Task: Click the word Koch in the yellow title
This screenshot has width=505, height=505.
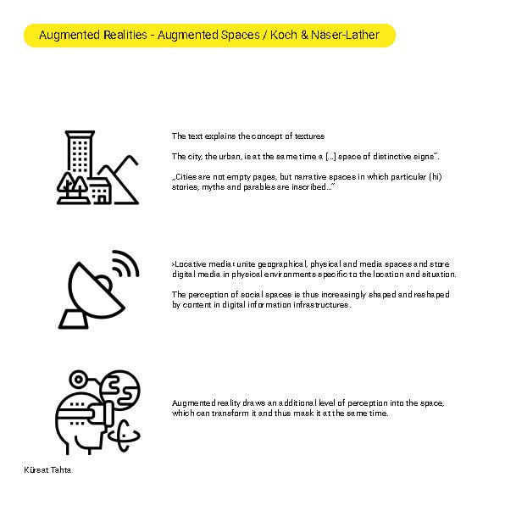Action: point(283,35)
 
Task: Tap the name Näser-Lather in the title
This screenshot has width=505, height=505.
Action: point(345,35)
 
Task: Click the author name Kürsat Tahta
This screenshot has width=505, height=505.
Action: point(47,470)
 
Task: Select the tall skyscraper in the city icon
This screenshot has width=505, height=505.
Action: point(80,153)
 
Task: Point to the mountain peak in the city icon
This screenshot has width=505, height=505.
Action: point(130,158)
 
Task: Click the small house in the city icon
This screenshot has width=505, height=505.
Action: point(100,191)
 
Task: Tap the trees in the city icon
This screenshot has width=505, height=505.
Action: point(73,186)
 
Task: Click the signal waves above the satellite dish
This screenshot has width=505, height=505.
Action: point(126,264)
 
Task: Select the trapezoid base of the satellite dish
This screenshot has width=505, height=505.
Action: point(74,319)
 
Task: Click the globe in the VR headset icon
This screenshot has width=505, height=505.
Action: point(119,390)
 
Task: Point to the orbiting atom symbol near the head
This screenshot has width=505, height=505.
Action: point(124,436)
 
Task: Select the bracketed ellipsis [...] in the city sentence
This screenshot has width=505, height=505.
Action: point(330,157)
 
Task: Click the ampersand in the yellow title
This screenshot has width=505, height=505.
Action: point(304,35)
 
